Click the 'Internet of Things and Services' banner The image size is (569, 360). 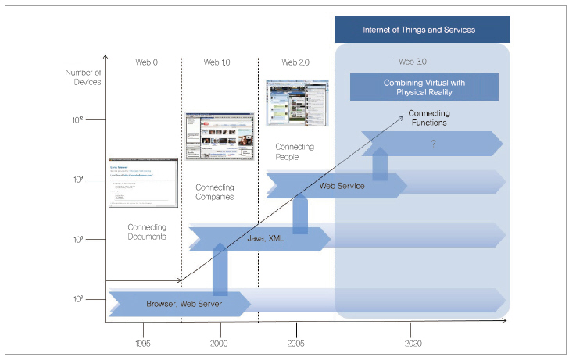coord(419,30)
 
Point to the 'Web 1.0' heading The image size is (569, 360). coord(217,62)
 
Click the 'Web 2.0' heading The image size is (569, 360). coord(296,62)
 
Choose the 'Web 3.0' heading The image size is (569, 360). coord(413,62)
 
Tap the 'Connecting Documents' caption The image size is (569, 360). coord(147,232)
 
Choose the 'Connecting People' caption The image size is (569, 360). coord(295,151)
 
